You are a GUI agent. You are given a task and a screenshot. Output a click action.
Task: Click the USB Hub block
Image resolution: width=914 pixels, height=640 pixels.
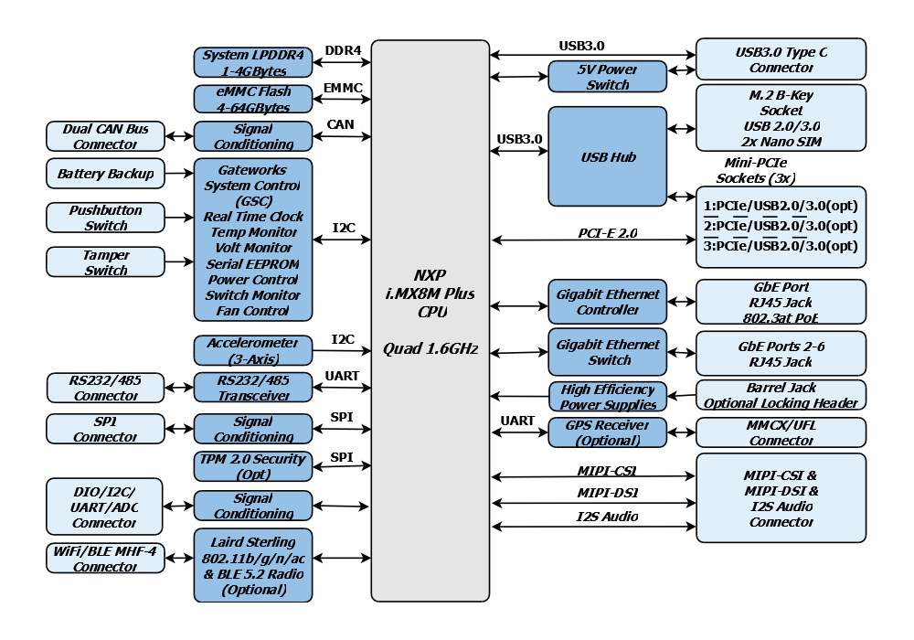coord(608,156)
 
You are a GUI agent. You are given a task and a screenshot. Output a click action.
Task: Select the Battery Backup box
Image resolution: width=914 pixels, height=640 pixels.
coord(105,173)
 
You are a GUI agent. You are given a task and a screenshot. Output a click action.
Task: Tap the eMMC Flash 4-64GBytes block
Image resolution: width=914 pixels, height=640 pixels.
coord(253,99)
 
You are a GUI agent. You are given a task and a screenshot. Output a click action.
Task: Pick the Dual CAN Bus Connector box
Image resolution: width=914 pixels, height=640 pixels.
coord(105,136)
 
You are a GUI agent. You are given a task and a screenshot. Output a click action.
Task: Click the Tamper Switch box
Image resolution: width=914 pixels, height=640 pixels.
coord(105,261)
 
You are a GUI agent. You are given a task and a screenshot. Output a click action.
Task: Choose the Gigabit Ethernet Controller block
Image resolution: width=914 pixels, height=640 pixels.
coord(608,302)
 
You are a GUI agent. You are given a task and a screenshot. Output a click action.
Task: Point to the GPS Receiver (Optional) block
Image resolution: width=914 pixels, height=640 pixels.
coord(608,432)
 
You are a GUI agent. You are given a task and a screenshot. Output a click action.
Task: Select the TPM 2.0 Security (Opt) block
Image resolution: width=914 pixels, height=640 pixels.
coord(253,466)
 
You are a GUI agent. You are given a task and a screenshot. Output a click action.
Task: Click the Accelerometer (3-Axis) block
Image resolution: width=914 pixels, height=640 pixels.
coord(253,350)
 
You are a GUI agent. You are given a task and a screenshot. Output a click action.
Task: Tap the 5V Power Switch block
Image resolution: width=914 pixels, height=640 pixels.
coord(608,77)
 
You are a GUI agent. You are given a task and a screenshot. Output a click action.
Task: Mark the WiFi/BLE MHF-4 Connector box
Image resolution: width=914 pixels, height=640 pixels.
coord(105,558)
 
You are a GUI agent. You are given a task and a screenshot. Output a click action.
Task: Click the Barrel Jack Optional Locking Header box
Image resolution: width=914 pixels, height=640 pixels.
coord(781,395)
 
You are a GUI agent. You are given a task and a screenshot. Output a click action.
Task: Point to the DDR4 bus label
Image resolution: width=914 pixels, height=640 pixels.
coord(343,50)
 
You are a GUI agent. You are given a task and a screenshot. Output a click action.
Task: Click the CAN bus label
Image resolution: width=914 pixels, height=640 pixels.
coord(340,124)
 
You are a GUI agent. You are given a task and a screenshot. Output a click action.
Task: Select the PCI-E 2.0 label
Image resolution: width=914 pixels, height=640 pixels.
coord(608,233)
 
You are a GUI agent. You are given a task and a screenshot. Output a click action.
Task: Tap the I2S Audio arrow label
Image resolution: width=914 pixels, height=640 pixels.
coord(608,517)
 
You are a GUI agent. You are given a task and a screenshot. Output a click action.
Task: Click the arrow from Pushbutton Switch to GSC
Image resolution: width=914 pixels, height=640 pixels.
coord(179,218)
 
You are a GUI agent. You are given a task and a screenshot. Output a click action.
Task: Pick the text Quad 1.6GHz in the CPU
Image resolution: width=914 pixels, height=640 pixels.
coord(430,348)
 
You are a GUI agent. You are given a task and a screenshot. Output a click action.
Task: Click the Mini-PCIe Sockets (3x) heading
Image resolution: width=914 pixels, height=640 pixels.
coord(756,170)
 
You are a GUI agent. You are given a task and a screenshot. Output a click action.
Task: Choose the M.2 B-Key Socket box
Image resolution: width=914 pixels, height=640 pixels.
coord(781,118)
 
